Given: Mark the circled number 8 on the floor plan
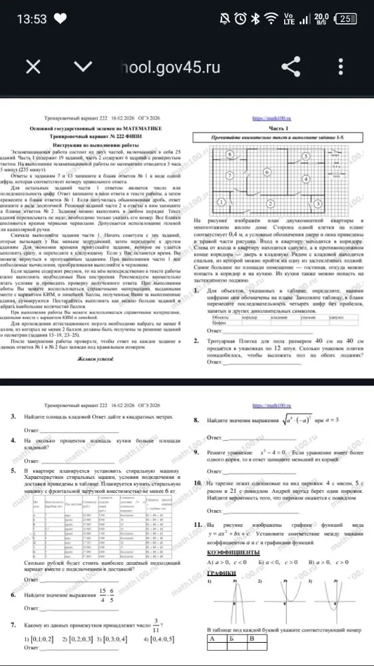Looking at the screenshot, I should point(248,153).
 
